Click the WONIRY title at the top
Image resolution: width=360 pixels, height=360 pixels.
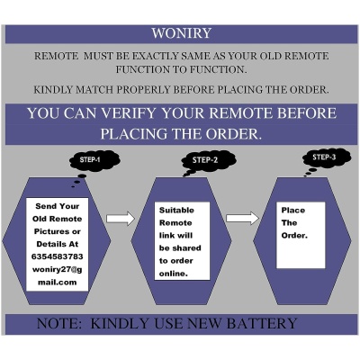coord(180,35)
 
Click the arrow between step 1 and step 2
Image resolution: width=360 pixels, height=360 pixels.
coord(120,219)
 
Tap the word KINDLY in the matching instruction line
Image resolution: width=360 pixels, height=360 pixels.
coord(59,90)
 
